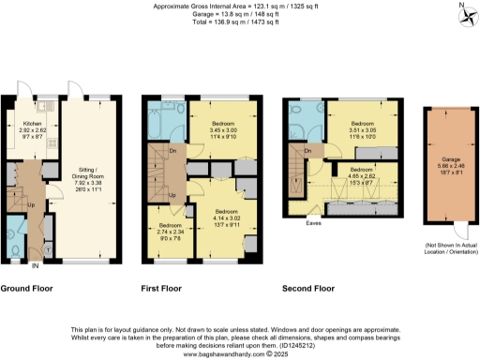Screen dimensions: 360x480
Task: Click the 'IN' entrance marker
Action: pos(37,266)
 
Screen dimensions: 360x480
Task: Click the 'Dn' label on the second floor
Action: pos(307,151)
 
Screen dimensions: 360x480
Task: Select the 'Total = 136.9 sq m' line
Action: pos(239,22)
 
